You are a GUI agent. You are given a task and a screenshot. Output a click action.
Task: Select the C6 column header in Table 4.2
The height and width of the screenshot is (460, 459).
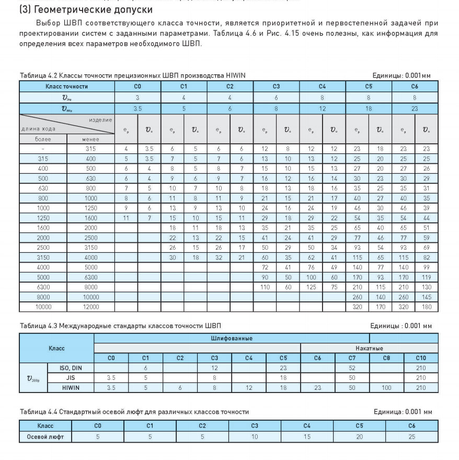[415, 86]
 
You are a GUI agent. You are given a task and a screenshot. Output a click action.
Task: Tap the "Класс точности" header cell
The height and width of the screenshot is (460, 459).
[65, 86]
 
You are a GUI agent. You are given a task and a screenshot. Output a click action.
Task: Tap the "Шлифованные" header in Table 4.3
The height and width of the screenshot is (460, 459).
[232, 338]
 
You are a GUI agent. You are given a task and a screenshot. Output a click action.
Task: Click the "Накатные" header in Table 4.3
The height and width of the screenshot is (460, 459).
[370, 347]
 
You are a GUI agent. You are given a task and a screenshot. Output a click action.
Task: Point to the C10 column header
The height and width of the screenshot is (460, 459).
[421, 357]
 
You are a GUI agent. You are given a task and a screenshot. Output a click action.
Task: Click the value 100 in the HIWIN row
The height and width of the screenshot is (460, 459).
[387, 387]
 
